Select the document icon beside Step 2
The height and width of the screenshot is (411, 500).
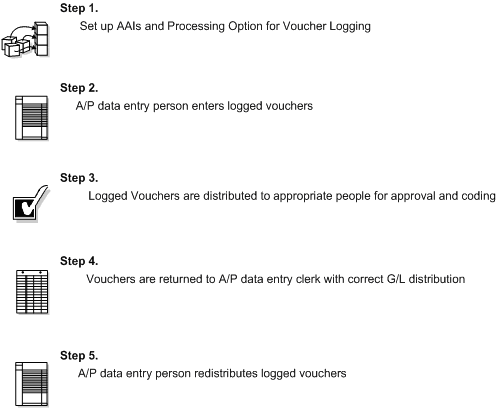point(29,117)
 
